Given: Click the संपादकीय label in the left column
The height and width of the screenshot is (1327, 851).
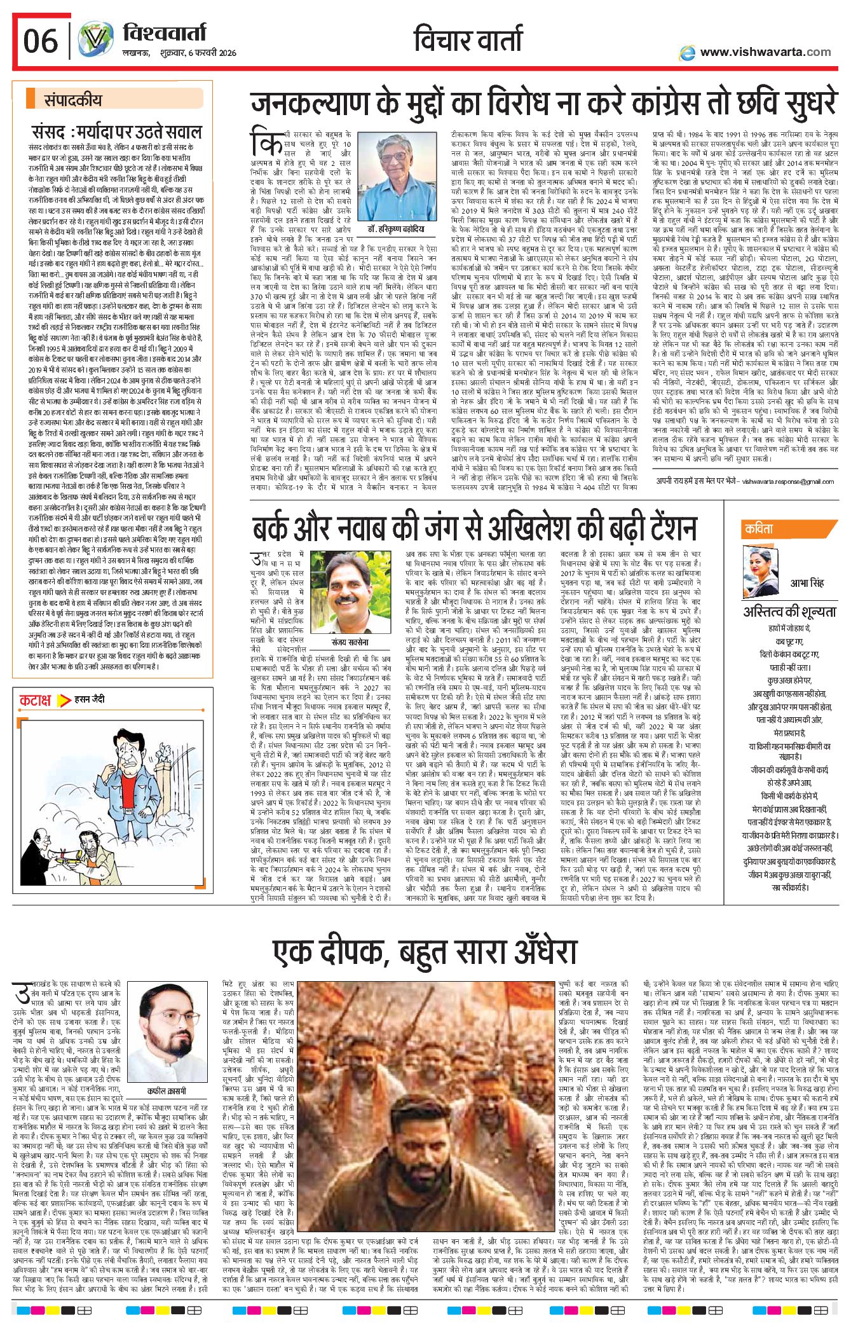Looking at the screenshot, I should point(72,99).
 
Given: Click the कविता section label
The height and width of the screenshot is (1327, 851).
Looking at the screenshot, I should point(759,529).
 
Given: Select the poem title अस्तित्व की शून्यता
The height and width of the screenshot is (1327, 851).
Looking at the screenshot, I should point(789,612).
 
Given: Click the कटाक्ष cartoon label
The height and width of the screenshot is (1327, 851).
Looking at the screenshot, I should point(36,701).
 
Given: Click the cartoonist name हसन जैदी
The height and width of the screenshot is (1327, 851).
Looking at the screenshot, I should point(90,699).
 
